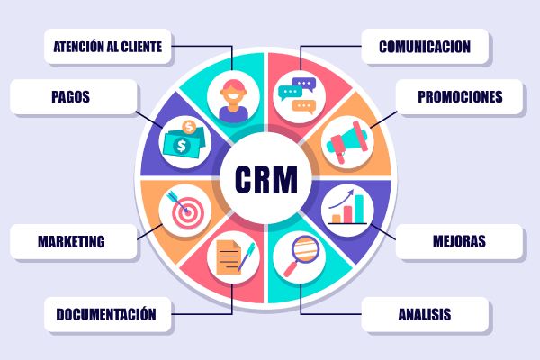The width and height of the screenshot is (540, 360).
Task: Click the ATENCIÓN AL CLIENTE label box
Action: [108, 47]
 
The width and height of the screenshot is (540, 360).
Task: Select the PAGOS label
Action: [74, 97]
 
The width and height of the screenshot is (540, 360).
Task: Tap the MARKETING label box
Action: [74, 241]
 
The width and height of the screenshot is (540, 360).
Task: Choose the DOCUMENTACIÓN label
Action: [108, 314]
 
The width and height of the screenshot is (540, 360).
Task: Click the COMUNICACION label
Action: [425, 47]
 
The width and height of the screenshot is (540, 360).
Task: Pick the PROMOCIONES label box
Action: [459, 97]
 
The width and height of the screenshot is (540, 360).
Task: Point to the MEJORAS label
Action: [459, 241]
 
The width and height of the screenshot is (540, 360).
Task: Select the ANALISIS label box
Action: [425, 314]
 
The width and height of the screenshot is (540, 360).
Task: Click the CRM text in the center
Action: [265, 180]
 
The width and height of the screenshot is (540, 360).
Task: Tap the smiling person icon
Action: [233, 100]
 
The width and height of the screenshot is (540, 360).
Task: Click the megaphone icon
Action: [347, 141]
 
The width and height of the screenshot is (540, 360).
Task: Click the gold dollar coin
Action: [189, 128]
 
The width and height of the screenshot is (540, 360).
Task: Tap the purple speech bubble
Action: [304, 85]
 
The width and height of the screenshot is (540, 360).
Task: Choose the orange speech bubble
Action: [304, 106]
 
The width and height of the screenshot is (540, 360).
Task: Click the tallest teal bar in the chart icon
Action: [359, 209]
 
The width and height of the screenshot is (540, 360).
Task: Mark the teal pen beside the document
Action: [247, 256]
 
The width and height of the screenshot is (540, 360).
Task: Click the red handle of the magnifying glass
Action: [291, 270]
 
